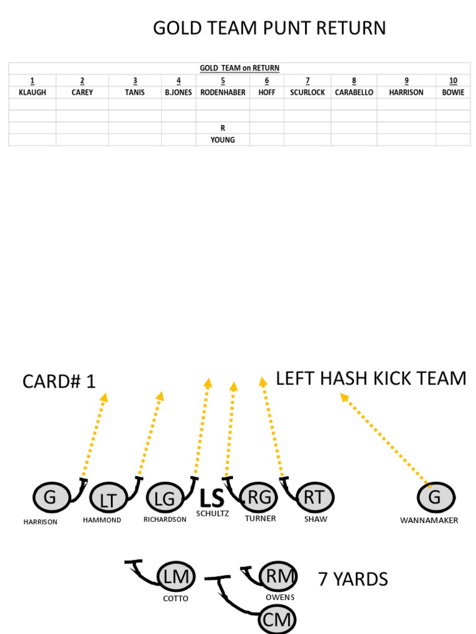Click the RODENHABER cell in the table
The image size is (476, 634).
pos(223,92)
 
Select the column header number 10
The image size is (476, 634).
pos(453,81)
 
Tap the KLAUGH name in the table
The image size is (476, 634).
pos(32,92)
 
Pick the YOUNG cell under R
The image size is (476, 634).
pos(223,140)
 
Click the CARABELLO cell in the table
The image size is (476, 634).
pos(354,92)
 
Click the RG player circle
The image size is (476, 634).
pos(258,497)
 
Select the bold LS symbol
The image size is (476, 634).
pos(211,497)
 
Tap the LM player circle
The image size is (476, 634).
pos(176,577)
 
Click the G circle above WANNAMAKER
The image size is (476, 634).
pos(436,497)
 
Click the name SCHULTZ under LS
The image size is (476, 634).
pos(213,513)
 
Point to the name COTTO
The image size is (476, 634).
pos(175,599)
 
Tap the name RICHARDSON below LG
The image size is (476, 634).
pos(165,519)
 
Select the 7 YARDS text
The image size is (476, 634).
pos(353,580)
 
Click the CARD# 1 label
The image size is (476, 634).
pos(59,381)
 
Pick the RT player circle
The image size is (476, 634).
pos(315,497)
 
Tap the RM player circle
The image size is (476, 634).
pos(278,576)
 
